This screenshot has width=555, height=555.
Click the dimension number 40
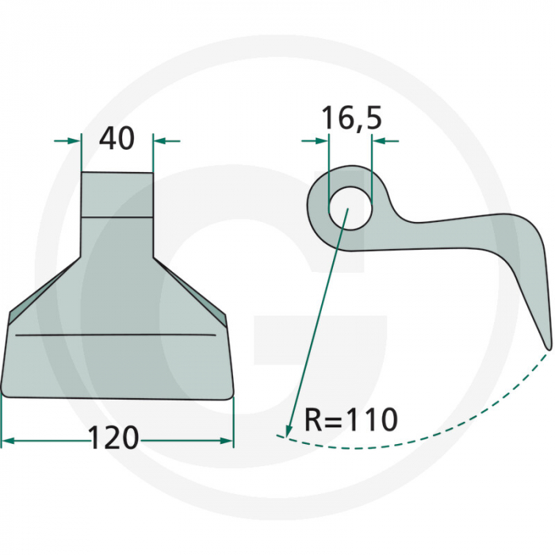(117, 139)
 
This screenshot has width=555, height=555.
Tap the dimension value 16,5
(351, 118)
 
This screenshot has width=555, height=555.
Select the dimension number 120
(113, 438)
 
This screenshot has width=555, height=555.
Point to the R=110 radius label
(350, 419)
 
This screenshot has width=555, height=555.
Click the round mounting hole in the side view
(350, 208)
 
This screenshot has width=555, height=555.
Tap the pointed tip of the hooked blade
(549, 349)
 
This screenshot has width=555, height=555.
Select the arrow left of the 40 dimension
(67, 141)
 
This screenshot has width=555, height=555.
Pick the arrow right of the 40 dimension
(167, 141)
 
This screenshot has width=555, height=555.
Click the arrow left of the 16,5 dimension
(315, 141)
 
